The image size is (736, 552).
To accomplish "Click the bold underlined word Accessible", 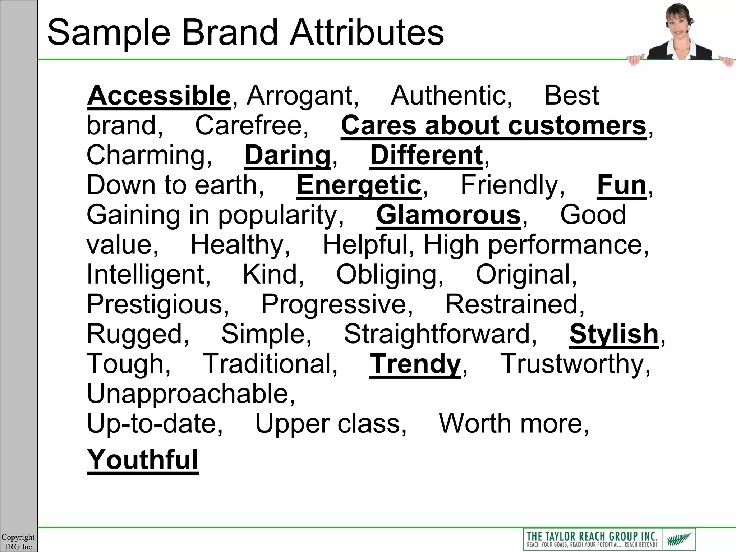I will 158,96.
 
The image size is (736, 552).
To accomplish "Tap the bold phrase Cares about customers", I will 493,125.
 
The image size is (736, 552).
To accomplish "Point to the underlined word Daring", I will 287,155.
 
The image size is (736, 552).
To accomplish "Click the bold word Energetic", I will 359,185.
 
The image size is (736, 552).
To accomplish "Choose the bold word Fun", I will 621,185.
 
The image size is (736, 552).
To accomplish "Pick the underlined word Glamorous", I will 448,215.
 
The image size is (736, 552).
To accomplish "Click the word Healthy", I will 240,245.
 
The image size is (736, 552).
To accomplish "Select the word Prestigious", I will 157,304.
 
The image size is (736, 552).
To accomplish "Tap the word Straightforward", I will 440,334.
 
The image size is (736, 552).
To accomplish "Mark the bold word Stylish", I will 613,334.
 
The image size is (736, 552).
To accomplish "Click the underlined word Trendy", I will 415,364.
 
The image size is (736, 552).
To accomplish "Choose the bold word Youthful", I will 143,460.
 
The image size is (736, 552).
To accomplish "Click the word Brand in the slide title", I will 230,33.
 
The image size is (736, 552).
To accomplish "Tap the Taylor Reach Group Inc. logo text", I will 592,538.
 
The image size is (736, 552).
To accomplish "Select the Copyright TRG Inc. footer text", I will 18,542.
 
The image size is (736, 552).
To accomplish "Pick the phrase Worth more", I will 514,424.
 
